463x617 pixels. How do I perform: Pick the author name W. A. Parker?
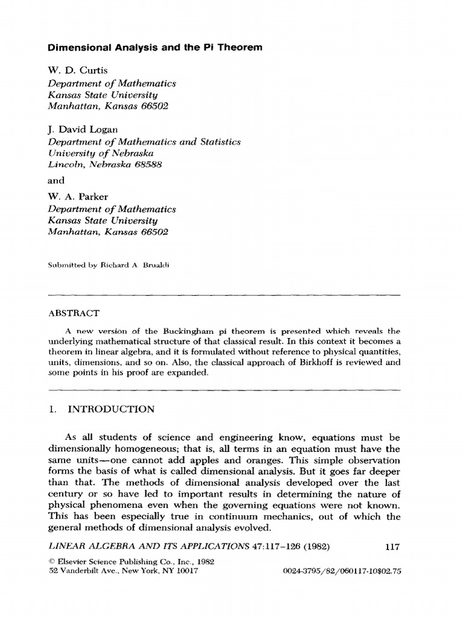coord(76,197)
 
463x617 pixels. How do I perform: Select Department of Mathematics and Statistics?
coord(144,142)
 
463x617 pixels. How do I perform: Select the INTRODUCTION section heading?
coord(111,410)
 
